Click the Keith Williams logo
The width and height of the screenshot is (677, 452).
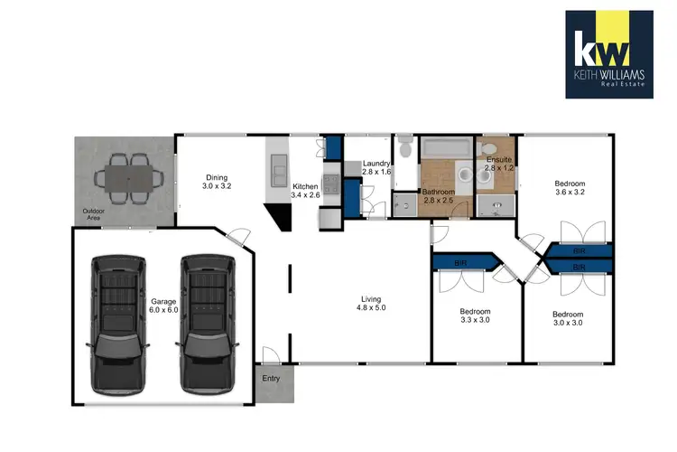[608, 53]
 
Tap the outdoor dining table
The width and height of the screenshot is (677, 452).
[128, 177]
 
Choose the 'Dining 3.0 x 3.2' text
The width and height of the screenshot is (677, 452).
[217, 183]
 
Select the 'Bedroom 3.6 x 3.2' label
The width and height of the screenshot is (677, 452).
[570, 186]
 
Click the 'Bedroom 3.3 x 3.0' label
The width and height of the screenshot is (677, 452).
[475, 315]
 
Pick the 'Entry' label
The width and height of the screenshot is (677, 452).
[272, 380]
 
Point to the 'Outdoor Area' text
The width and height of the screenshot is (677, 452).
[88, 214]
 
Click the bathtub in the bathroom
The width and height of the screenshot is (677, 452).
[446, 147]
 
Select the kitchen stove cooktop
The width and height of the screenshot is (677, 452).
[330, 185]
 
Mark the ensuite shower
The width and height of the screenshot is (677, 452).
[494, 207]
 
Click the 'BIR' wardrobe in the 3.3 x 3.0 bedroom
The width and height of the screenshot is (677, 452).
[462, 262]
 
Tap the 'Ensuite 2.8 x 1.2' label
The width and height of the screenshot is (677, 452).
[498, 164]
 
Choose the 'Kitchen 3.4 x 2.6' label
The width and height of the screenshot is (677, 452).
[306, 189]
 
